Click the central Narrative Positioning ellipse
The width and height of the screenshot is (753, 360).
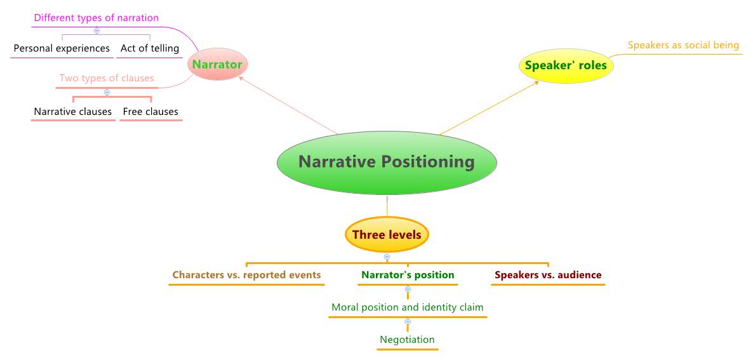tap(387, 162)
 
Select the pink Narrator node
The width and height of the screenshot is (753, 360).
tap(217, 65)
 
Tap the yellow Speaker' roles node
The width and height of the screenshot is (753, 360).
tap(566, 65)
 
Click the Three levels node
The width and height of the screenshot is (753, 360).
tap(387, 235)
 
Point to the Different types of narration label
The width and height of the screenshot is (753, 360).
tap(97, 18)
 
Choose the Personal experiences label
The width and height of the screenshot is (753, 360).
tap(62, 48)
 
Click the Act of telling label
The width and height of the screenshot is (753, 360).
tap(150, 48)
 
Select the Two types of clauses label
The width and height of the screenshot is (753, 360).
tap(107, 79)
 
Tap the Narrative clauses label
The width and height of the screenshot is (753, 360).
tap(73, 112)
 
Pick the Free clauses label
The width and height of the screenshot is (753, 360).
tap(150, 112)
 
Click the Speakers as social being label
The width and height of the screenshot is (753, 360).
tap(683, 45)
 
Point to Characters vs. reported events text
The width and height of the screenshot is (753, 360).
tap(246, 275)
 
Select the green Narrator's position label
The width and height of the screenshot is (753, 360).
tap(408, 275)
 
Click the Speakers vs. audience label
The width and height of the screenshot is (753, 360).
tap(548, 275)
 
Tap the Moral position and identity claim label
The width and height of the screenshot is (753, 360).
tap(408, 307)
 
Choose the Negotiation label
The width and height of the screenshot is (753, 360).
tap(407, 340)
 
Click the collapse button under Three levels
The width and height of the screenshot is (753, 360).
tap(387, 257)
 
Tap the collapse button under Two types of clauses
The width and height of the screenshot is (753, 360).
tap(107, 93)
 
